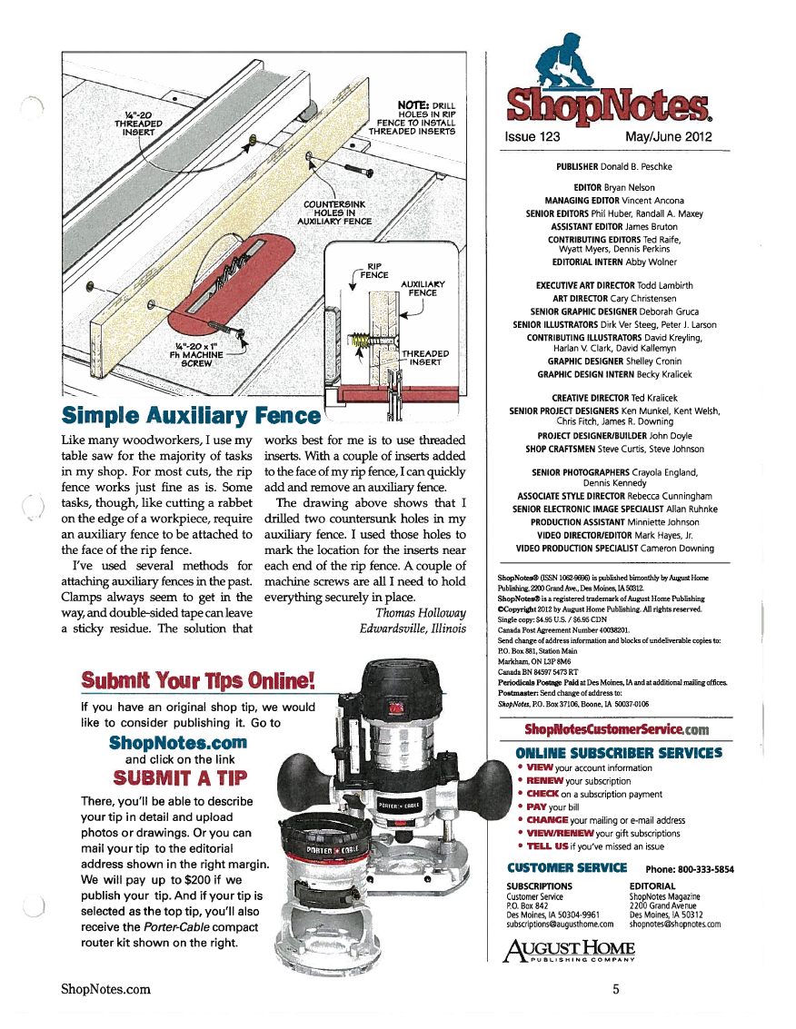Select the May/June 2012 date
(x=669, y=137)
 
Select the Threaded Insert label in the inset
(x=425, y=358)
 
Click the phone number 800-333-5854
(x=690, y=869)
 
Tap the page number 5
(x=615, y=989)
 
